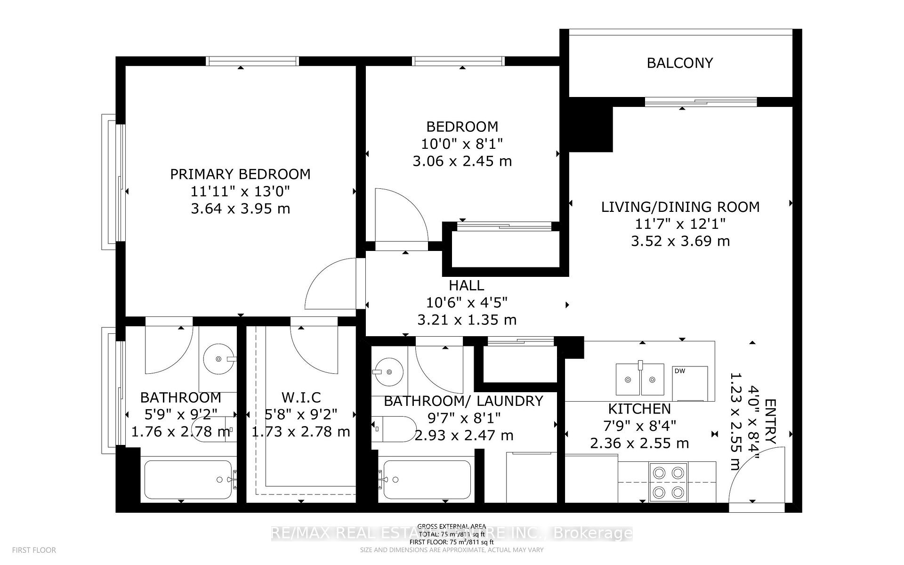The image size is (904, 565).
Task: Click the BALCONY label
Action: pyautogui.click(x=679, y=63)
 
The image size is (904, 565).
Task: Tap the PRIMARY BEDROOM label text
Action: pyautogui.click(x=240, y=174)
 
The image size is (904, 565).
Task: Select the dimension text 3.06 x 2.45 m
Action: pyautogui.click(x=462, y=161)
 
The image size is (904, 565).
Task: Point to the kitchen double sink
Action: pyautogui.click(x=640, y=379)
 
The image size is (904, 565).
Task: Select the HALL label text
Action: pyautogui.click(x=466, y=285)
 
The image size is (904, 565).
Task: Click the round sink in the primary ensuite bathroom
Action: pyautogui.click(x=218, y=359)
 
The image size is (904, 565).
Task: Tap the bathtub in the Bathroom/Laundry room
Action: pyautogui.click(x=427, y=480)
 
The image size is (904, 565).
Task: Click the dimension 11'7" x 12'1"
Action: pyautogui.click(x=680, y=224)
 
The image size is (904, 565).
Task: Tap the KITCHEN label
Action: pyautogui.click(x=639, y=409)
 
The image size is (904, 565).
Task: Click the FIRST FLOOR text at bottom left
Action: pyautogui.click(x=34, y=550)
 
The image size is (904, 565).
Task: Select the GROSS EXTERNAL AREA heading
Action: pyautogui.click(x=452, y=527)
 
